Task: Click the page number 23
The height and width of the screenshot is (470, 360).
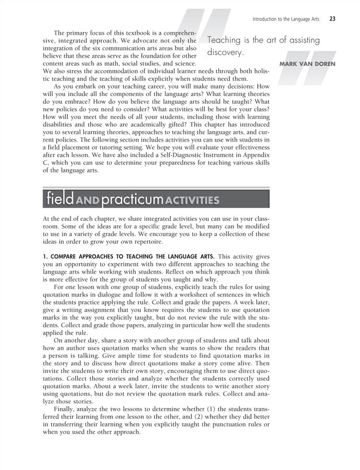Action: pyautogui.click(x=332, y=19)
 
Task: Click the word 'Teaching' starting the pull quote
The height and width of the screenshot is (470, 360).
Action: pyautogui.click(x=226, y=40)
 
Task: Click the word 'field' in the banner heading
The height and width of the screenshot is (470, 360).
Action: pyautogui.click(x=58, y=200)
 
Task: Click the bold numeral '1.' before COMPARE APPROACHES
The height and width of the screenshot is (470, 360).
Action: pyautogui.click(x=44, y=257)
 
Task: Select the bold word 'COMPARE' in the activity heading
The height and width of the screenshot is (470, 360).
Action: pyautogui.click(x=62, y=257)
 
